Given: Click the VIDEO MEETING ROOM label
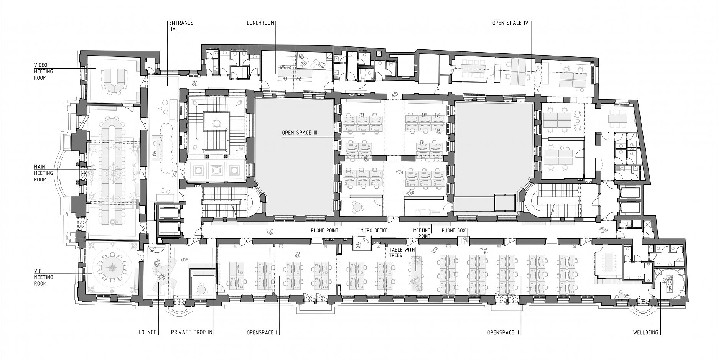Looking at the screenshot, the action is click(43, 71).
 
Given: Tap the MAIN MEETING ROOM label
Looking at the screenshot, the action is click(43, 173).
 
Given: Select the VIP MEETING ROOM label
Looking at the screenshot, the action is click(43, 277).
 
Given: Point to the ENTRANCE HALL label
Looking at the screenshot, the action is click(181, 26).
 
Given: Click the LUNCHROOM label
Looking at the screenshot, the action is click(260, 23).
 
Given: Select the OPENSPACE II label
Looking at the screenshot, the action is click(503, 332).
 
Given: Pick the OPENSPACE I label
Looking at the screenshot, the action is click(262, 332).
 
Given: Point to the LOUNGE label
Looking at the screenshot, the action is click(148, 332).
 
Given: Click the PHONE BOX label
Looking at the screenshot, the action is click(454, 230).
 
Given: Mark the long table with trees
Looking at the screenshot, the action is click(415, 275).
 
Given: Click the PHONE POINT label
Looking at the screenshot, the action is click(324, 230).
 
